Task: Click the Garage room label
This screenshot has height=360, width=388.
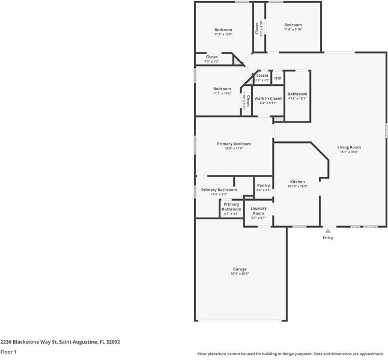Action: (240, 269)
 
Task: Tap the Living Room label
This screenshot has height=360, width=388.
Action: (349, 147)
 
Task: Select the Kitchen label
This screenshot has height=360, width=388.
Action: (297, 182)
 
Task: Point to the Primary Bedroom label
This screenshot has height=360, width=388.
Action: (234, 144)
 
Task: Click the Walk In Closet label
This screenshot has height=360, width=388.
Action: (268, 98)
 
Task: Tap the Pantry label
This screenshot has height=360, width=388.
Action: (263, 185)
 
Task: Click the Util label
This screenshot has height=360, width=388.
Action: (277, 78)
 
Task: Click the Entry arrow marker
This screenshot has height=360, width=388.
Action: (328, 230)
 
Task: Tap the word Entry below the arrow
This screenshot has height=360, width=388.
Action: (328, 238)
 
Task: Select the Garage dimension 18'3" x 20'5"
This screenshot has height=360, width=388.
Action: (240, 274)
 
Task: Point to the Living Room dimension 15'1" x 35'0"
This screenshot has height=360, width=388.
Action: (349, 152)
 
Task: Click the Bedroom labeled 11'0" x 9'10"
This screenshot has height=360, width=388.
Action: (293, 25)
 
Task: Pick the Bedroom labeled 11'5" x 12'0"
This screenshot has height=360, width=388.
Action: (223, 29)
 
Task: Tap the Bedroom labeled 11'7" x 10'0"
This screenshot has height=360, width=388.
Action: (222, 89)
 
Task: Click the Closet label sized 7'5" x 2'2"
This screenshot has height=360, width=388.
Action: (211, 57)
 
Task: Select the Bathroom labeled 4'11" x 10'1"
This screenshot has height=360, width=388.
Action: (297, 94)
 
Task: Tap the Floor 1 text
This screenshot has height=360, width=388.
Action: (8, 352)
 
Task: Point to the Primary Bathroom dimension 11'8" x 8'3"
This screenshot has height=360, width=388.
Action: (219, 195)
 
